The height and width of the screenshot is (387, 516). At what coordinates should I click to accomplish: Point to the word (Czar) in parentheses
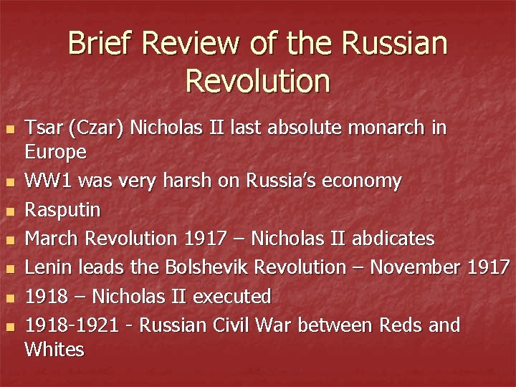coord(93,129)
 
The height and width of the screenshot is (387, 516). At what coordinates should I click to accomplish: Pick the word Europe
coord(56,152)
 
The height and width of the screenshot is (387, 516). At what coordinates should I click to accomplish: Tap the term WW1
coord(48,181)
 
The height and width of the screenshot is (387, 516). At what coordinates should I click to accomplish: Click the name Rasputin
coord(63,210)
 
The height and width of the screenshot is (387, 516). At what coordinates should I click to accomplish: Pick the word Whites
coord(54,349)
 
